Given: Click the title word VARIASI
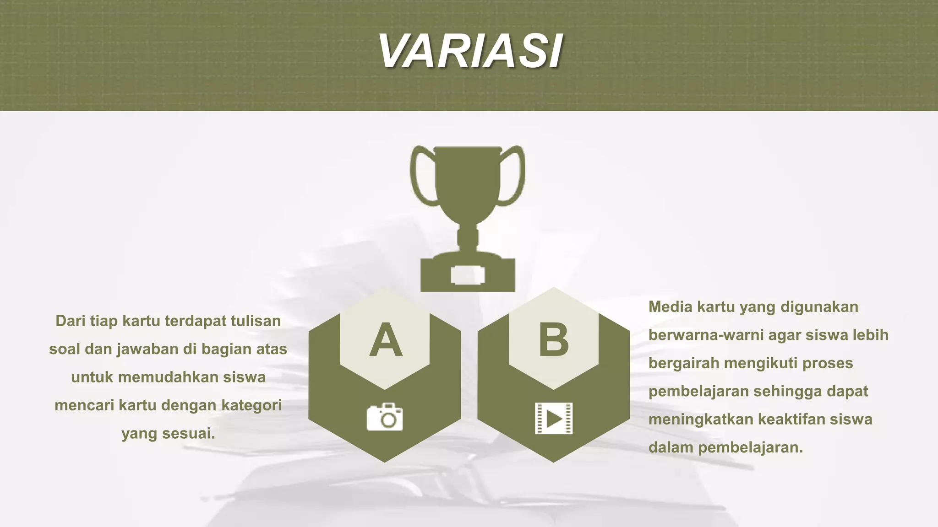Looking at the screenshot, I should [470, 51].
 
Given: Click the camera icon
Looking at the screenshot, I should [385, 417].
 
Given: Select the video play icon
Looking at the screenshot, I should [554, 418].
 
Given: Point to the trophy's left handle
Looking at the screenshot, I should [419, 176].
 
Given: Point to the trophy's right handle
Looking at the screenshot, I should [517, 176].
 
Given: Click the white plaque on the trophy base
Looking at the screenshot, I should [468, 275].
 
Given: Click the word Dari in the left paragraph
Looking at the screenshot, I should [71, 321].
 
